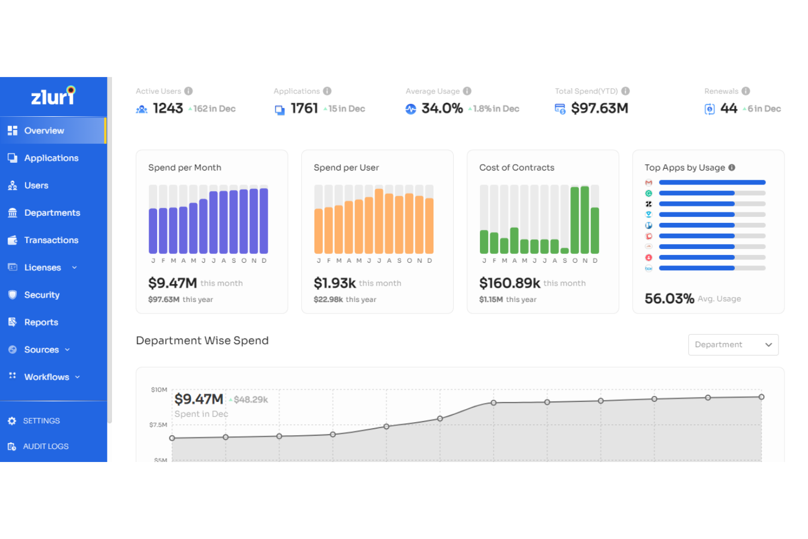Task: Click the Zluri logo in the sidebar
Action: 53,96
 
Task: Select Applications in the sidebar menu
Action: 51,158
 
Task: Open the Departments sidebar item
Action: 52,213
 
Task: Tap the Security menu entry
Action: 41,295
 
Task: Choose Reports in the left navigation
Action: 41,322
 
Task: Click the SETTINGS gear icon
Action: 12,421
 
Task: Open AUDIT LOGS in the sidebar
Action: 45,447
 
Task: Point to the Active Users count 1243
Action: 168,109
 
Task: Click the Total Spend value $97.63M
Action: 599,109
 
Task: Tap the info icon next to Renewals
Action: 746,91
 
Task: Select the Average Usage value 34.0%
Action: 442,109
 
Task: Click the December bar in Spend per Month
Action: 264,221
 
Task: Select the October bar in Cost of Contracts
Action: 575,220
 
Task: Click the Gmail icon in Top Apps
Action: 649,182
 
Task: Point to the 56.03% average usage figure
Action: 669,299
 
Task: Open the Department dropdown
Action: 733,345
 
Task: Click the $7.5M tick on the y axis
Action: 158,425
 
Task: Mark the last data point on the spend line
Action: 762,397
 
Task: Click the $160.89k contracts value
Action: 509,283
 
